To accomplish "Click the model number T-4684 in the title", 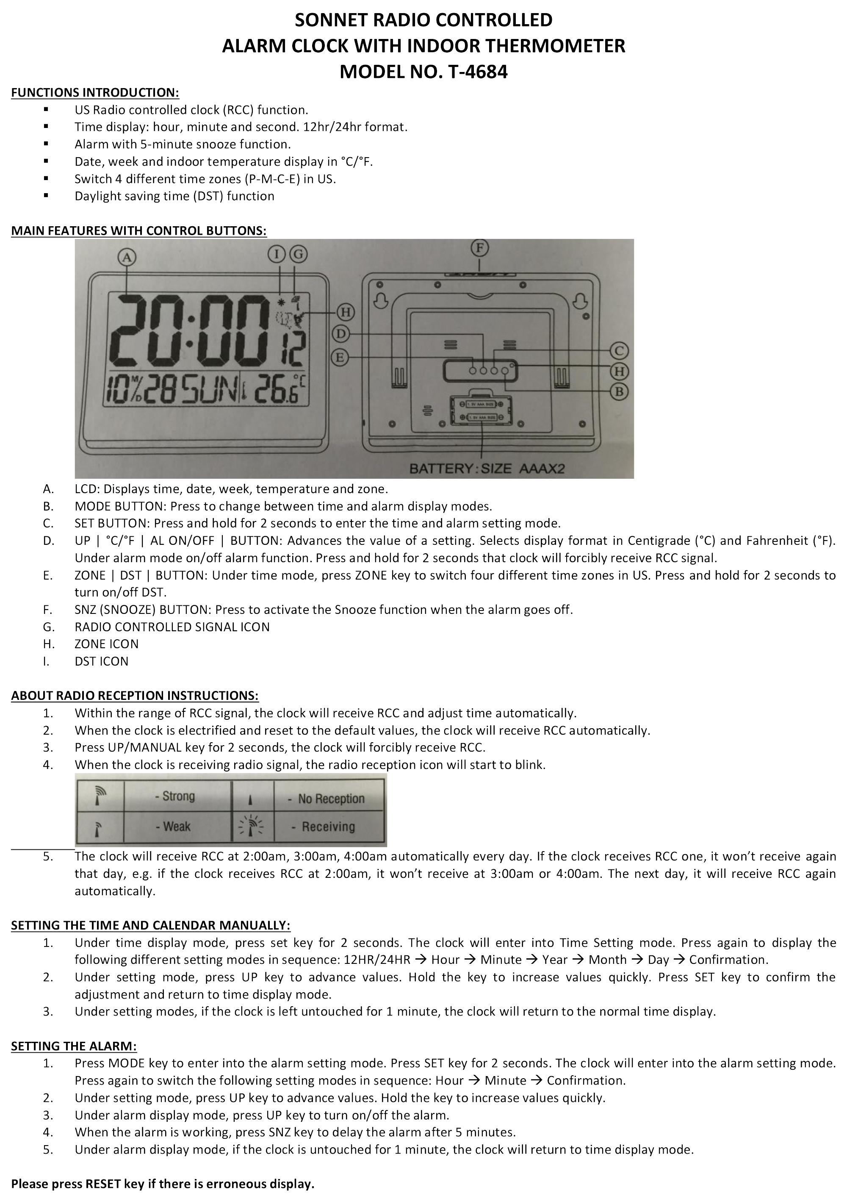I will [x=477, y=72].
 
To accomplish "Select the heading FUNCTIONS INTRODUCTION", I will [x=95, y=93].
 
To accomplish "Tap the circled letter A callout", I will [x=127, y=257].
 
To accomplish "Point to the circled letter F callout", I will [x=479, y=247].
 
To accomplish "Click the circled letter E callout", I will [x=340, y=358].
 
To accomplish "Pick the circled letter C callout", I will [x=619, y=351].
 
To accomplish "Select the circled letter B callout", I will [x=619, y=391].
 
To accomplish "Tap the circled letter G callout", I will [x=298, y=255].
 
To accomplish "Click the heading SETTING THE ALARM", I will [x=74, y=1046].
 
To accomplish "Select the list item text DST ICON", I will [x=102, y=661].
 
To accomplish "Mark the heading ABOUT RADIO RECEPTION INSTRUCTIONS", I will [x=135, y=696].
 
